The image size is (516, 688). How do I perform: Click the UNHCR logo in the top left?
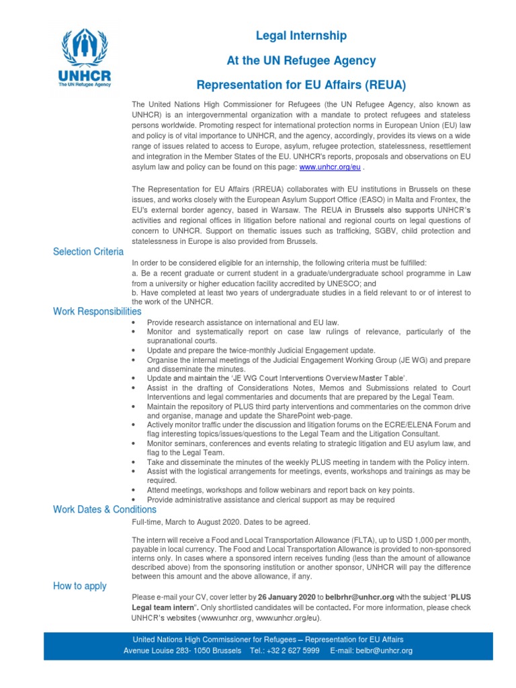click(85, 58)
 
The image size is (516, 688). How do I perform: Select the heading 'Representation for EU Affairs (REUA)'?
click(301, 85)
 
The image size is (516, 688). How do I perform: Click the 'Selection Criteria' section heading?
click(88, 252)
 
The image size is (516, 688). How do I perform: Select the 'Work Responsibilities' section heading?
click(97, 312)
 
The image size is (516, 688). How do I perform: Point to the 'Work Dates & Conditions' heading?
click(105, 509)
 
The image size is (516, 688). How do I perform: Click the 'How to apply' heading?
click(80, 586)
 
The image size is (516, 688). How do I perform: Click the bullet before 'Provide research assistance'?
click(135, 323)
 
